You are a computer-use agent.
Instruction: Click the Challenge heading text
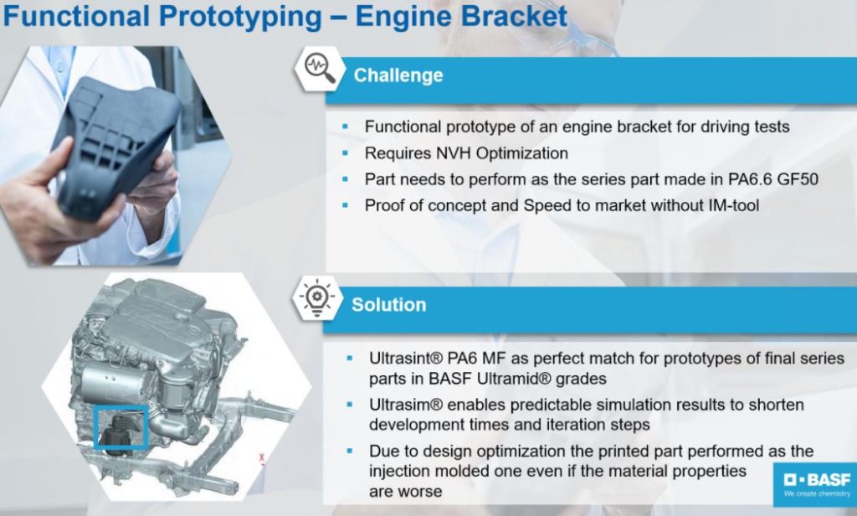(x=398, y=75)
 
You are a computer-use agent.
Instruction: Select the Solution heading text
(x=388, y=304)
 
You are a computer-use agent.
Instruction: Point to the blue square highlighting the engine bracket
(x=121, y=426)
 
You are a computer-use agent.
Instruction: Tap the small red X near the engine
(x=262, y=458)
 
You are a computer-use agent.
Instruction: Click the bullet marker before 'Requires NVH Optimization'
(x=346, y=153)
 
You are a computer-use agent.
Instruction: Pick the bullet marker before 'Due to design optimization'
(x=350, y=451)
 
